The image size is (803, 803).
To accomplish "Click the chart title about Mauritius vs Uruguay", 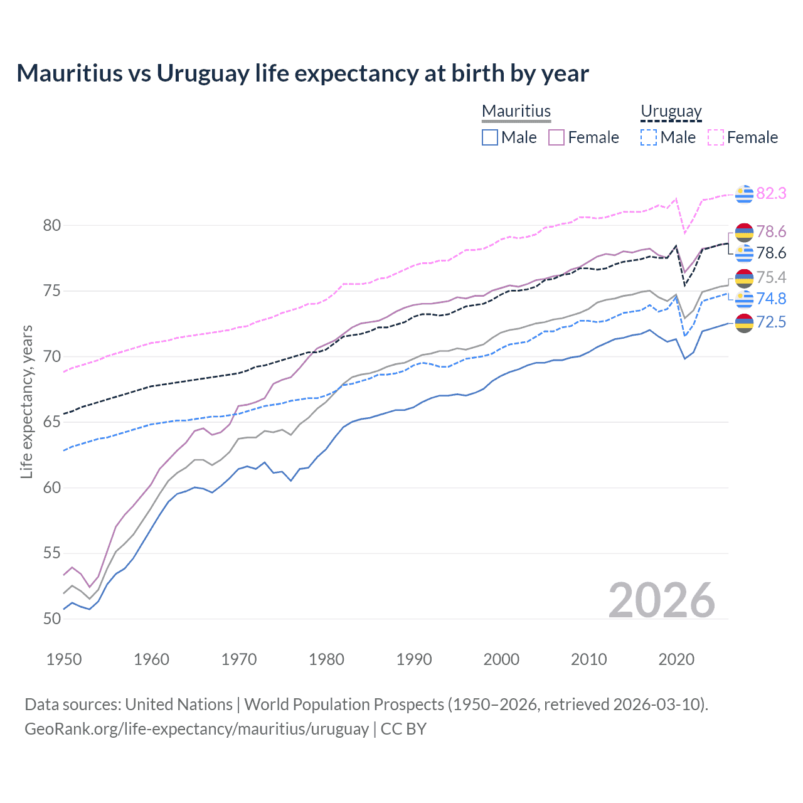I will click(302, 73).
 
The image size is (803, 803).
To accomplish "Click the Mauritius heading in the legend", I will click(516, 111).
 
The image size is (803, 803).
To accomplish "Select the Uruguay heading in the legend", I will click(671, 111).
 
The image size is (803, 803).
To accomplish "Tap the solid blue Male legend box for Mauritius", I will click(490, 137).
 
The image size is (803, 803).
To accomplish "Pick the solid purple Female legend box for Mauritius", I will click(556, 137).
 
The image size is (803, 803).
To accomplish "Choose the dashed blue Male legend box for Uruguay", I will click(649, 137).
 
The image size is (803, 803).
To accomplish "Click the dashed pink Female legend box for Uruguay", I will click(716, 137).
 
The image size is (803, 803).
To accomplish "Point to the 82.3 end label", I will click(771, 193).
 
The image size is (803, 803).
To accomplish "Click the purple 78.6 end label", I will click(771, 231).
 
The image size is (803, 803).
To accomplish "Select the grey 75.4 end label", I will click(771, 277).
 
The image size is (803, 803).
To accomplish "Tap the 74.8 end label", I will click(771, 299).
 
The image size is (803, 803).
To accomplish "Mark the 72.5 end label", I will click(771, 322).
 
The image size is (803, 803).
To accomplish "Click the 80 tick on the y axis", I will click(52, 225).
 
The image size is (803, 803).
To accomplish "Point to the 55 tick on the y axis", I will click(52, 553).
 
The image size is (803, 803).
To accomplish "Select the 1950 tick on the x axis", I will click(64, 659).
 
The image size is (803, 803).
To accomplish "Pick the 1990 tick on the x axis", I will click(414, 659).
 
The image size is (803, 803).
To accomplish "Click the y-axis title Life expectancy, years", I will click(26, 401).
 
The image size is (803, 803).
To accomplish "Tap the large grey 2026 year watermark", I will click(662, 600).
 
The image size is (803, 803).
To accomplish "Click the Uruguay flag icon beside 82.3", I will click(744, 194).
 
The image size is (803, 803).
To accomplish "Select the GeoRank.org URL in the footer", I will click(196, 729).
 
